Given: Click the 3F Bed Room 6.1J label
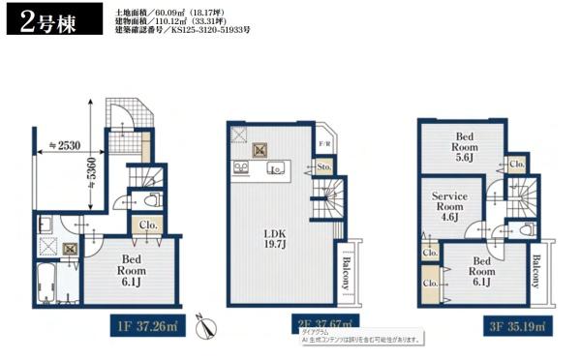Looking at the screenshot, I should pyautogui.click(x=483, y=266).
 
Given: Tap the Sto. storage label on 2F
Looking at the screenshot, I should pyautogui.click(x=323, y=167).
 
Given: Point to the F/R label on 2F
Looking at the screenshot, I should pyautogui.click(x=325, y=145).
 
